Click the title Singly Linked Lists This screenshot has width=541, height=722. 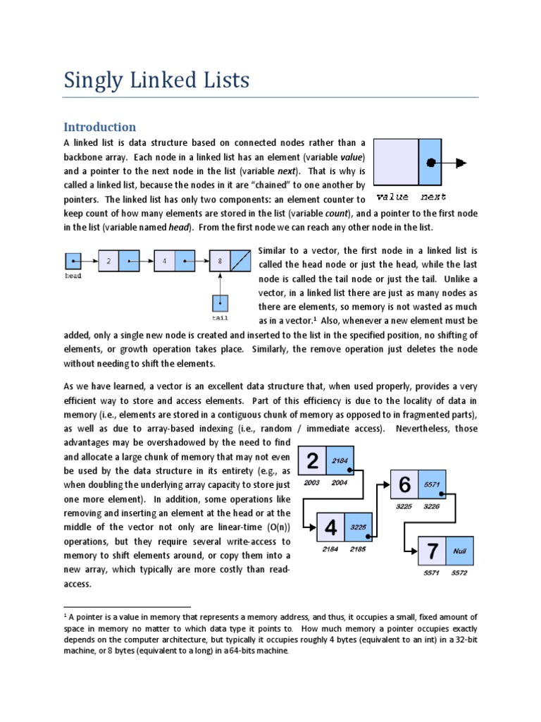pos(156,80)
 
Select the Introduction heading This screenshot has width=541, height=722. pos(99,127)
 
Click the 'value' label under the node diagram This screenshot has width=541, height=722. pos(392,197)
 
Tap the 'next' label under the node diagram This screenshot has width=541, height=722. pos(433,197)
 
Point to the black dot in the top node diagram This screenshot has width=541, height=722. pos(431,164)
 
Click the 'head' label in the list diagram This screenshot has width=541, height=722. pos(73,276)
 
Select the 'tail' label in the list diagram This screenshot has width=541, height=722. pos(220,318)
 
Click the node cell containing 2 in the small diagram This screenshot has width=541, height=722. pos(108,261)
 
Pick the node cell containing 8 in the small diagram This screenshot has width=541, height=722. pos(220,261)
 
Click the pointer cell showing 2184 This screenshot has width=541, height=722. pos(340,460)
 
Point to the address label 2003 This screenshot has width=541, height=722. pos(312,483)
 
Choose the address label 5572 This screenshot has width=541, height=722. pos(459,573)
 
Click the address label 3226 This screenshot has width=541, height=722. pos(431,506)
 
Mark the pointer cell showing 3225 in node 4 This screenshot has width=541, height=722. pos(359,527)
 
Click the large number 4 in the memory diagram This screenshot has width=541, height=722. pos(330,526)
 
